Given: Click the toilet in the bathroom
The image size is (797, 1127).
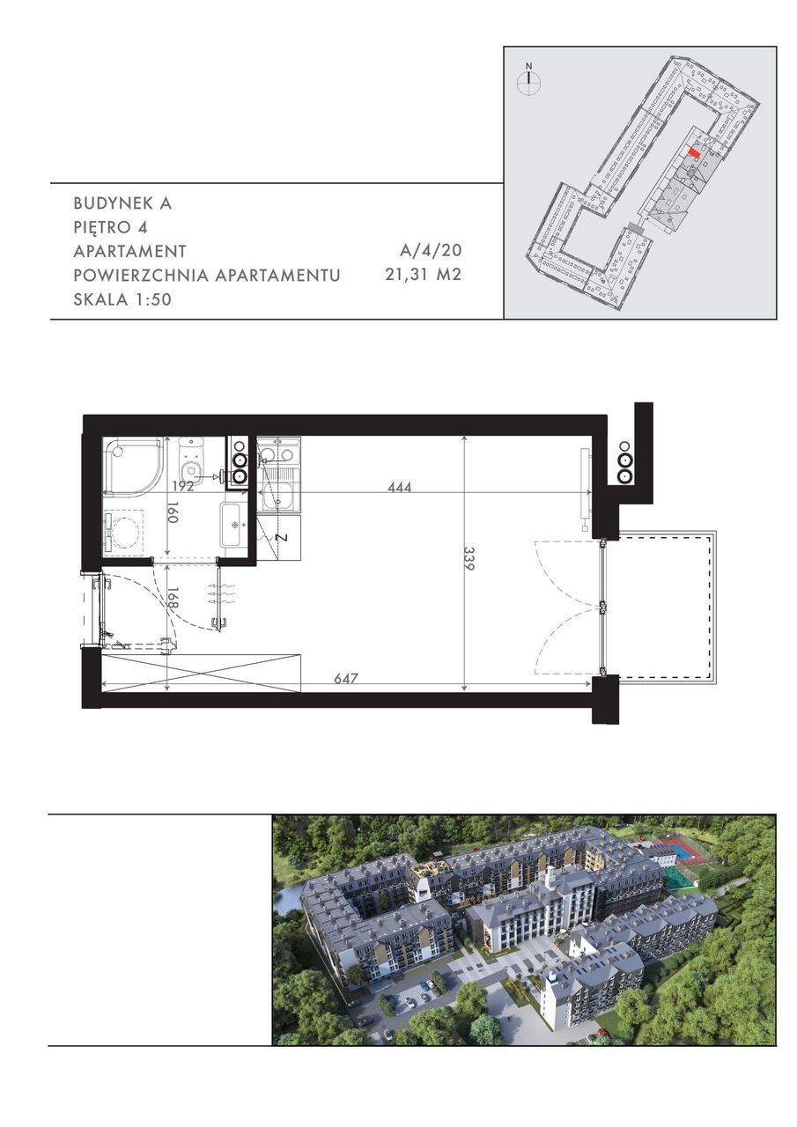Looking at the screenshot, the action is point(191,459).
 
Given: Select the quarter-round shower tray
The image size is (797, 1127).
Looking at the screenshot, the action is point(133,466).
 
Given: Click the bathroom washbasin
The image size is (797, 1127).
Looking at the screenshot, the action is point(233,524).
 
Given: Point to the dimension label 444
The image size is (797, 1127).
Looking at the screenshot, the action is point(400,487).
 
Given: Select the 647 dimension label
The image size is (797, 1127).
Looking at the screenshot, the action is point(346,678).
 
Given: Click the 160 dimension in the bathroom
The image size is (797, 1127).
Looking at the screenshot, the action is point(173,512).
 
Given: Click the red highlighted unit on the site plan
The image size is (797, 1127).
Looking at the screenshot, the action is point(694,152).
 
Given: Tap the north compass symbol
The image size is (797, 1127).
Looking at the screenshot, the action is point(528,78).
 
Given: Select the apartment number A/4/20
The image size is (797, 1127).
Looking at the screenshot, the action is point(431,250).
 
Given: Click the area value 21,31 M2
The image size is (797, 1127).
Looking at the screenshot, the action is point(423,275).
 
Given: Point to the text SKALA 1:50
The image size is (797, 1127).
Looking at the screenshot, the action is point(122,299).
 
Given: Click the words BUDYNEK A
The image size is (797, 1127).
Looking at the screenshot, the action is point(122,203).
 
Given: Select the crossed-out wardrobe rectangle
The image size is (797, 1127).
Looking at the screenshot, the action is point(202,674).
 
